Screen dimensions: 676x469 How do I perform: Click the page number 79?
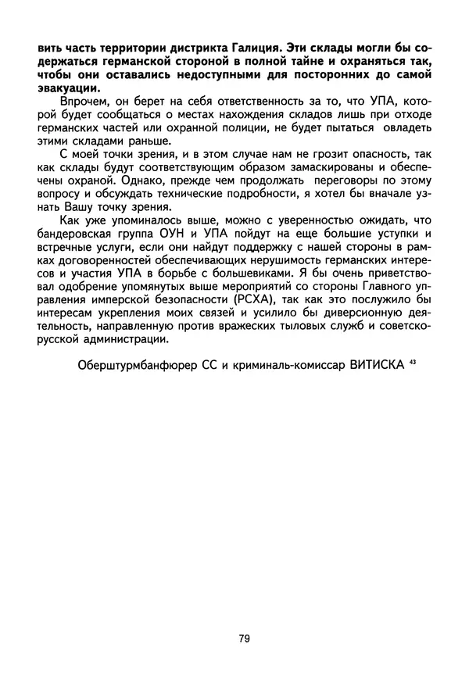pos(244,638)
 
